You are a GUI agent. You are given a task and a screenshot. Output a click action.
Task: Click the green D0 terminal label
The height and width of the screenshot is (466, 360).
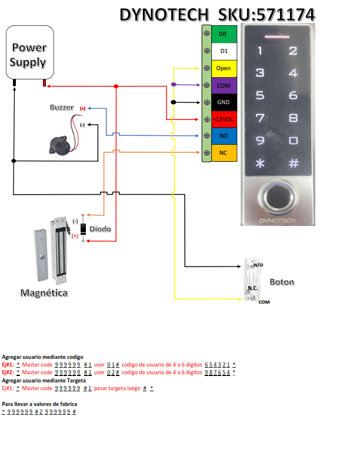[224, 34]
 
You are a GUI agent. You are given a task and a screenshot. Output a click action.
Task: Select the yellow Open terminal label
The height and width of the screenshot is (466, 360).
[224, 68]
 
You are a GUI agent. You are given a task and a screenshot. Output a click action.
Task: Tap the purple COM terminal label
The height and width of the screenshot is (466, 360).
[224, 85]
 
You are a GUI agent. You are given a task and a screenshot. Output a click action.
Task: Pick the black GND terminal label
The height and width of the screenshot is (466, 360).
[224, 102]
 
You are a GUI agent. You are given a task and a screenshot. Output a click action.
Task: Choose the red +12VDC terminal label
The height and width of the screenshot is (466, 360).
[224, 119]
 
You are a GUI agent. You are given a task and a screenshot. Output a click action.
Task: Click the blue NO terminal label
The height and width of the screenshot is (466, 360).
[224, 136]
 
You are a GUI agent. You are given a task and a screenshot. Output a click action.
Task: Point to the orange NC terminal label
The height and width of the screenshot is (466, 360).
[224, 153]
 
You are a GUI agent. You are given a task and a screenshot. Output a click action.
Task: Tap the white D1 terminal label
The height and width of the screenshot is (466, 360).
[224, 51]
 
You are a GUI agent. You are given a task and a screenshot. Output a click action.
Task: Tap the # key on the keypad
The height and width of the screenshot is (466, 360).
[293, 163]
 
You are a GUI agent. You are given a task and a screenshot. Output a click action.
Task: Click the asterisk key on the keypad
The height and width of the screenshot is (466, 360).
[259, 163]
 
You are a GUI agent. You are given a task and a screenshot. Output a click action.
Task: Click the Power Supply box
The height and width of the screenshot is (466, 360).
[29, 55]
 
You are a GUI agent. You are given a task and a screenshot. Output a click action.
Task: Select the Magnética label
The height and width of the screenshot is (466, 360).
[44, 292]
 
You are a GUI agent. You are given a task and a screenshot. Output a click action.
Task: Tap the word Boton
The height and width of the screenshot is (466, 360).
[282, 282]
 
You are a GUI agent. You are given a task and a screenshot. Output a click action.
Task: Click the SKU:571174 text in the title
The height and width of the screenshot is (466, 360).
[266, 14]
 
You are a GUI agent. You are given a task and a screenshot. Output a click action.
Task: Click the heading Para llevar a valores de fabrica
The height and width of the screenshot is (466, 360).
[40, 404]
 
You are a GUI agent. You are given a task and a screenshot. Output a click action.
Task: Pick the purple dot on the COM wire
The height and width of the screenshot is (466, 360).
[174, 85]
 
